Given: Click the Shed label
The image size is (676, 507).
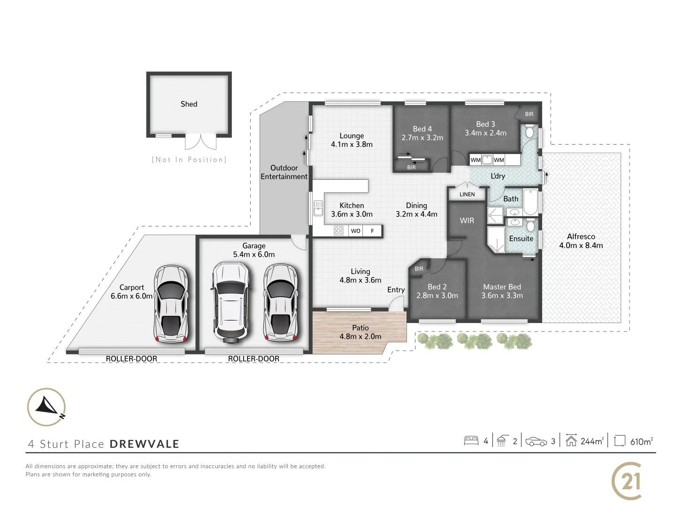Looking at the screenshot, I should (189, 104).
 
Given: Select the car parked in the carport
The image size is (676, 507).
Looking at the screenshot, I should (171, 305).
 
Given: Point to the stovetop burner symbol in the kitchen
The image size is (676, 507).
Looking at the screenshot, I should (338, 230).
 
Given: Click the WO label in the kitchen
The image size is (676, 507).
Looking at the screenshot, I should (356, 230).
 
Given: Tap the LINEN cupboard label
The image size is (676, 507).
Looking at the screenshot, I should (467, 194).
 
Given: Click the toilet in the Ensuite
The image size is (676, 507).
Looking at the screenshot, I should (530, 226).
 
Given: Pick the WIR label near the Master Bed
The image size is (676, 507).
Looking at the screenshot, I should (467, 220).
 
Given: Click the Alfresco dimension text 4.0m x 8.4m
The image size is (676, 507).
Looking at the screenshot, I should (581, 245).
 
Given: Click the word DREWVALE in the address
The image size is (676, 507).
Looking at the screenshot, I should (145, 444).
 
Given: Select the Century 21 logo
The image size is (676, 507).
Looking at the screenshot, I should (627, 481).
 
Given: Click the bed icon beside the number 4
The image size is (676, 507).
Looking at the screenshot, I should (471, 441).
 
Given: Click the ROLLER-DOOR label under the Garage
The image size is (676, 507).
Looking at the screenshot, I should (253, 359).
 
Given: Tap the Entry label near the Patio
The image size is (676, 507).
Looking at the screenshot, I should (396, 290).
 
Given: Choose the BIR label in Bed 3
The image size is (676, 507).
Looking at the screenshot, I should (529, 114).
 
